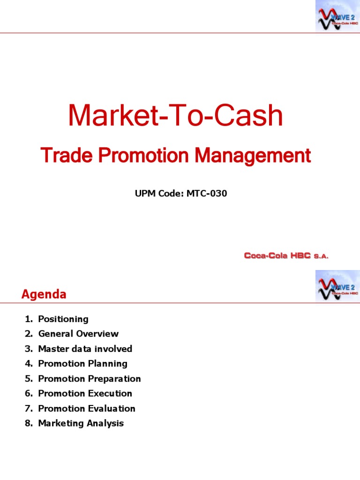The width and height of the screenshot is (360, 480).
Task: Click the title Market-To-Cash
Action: tap(176, 116)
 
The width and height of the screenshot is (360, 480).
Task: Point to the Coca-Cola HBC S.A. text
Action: tap(286, 256)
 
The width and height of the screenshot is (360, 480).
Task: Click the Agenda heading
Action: tap(44, 294)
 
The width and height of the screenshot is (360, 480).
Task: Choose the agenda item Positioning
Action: tap(63, 319)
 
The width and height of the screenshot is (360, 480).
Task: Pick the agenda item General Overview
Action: tap(78, 334)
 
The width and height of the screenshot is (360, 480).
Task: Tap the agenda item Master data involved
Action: tap(85, 349)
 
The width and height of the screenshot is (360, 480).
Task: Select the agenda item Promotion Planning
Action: tap(82, 363)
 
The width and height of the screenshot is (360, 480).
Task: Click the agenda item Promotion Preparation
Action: tap(89, 378)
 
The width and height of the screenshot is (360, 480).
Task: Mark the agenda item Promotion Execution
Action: tap(85, 393)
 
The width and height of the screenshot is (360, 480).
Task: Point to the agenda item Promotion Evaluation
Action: tap(86, 408)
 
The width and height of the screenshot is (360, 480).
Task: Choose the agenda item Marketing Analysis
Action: tap(81, 423)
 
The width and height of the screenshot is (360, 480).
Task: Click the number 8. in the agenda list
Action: tap(29, 423)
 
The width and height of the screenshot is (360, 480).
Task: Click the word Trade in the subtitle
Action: tap(58, 155)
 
